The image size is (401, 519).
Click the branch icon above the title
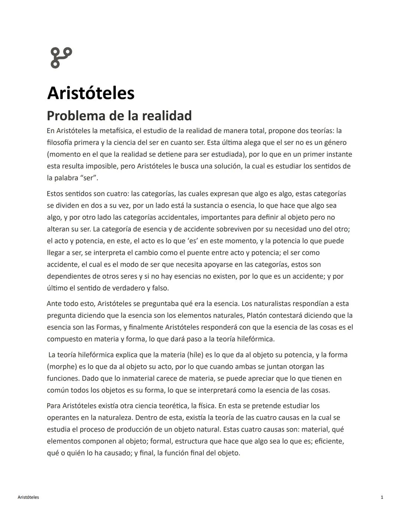coord(61,58)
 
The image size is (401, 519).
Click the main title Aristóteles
coord(91,93)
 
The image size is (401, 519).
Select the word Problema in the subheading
coord(76,116)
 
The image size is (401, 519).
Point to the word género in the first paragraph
coord(335,143)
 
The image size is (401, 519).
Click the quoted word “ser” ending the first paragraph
coord(89,178)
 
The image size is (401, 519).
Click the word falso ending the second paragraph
coord(160,288)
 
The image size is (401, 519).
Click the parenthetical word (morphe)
coord(62,367)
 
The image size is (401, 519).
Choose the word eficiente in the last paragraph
coord(329,441)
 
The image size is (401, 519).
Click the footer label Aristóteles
coord(28,497)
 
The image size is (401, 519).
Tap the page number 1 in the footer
coord(382,497)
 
